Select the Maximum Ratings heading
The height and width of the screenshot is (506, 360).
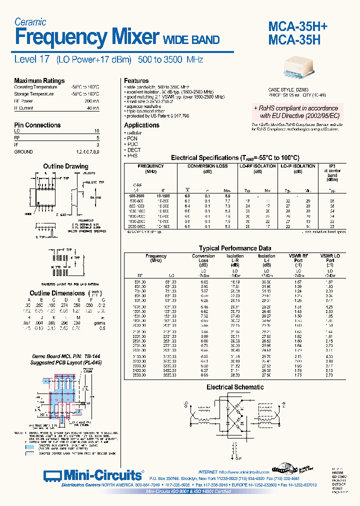(x=39, y=80)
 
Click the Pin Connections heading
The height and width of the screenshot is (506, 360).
(x=37, y=125)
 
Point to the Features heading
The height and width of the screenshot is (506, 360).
(x=136, y=80)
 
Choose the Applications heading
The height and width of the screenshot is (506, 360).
(x=141, y=125)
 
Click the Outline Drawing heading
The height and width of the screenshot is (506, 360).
(x=65, y=166)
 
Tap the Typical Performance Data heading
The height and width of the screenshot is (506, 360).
(x=235, y=248)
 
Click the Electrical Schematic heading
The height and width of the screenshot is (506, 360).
(x=235, y=387)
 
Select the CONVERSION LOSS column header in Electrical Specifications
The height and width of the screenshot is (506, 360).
(x=207, y=166)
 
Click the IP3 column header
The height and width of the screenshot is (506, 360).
(x=332, y=166)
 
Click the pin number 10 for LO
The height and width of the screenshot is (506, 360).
(x=96, y=130)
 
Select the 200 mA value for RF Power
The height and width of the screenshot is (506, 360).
(x=92, y=100)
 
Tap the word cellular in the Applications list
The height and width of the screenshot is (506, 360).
(x=134, y=133)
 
